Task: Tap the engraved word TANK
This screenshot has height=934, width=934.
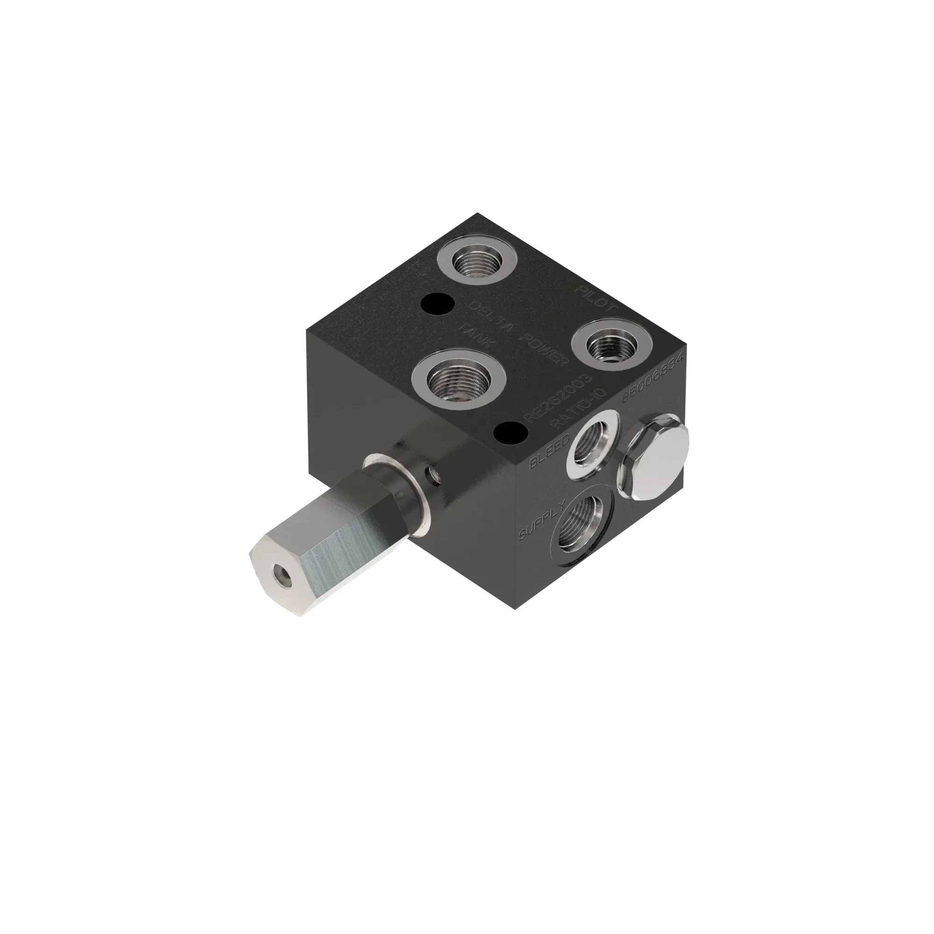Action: [477, 336]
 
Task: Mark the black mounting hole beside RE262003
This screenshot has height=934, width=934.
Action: [510, 433]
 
